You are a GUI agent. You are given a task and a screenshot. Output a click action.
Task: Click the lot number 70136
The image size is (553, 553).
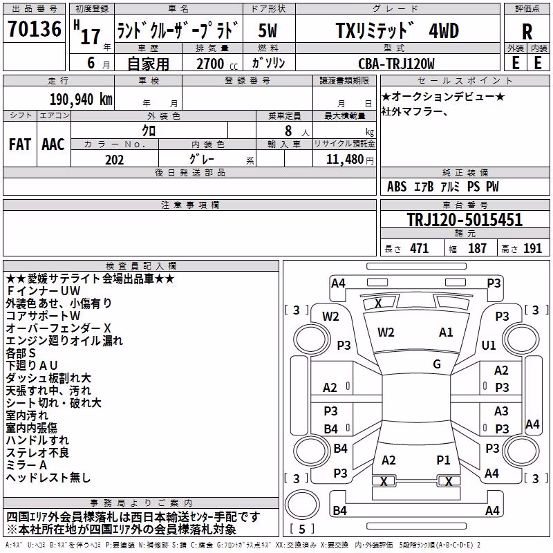[x=35, y=29]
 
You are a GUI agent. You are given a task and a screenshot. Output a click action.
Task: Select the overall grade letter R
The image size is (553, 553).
[x=527, y=32]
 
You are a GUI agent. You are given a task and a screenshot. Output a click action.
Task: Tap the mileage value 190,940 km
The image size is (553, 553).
[x=81, y=100]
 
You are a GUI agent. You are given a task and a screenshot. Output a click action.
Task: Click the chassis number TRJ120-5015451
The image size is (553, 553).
[x=465, y=219]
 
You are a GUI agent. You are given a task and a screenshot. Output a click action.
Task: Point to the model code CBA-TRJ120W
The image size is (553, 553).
[x=396, y=64]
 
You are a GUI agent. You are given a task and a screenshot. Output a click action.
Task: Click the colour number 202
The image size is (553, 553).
[x=114, y=160]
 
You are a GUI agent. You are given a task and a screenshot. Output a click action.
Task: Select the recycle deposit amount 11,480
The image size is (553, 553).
[x=344, y=160]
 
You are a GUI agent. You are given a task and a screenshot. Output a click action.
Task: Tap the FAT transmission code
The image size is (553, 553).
[x=20, y=144]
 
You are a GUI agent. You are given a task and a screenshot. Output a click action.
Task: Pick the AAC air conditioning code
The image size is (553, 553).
[x=53, y=144]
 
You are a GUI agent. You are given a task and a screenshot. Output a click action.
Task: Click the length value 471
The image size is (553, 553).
[x=420, y=248]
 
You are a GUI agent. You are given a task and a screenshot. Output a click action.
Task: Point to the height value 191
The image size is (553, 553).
[x=532, y=248]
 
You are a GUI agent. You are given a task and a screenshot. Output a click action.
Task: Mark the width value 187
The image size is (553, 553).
[x=477, y=248]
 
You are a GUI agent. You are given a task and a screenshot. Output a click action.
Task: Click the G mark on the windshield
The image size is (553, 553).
[x=437, y=364]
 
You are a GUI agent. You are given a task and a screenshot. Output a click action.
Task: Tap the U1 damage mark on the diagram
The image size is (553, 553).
[x=489, y=345]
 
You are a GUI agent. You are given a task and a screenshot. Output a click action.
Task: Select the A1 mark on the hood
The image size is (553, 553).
[x=446, y=332]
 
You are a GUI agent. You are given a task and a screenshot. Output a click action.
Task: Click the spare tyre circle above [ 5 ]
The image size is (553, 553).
[x=302, y=504]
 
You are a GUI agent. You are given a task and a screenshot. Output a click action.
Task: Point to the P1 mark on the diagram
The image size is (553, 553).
[x=443, y=460]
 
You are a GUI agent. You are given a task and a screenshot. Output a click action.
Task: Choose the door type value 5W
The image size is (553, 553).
[x=268, y=30]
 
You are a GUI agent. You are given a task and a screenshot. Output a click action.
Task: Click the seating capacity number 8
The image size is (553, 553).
[x=288, y=131]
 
